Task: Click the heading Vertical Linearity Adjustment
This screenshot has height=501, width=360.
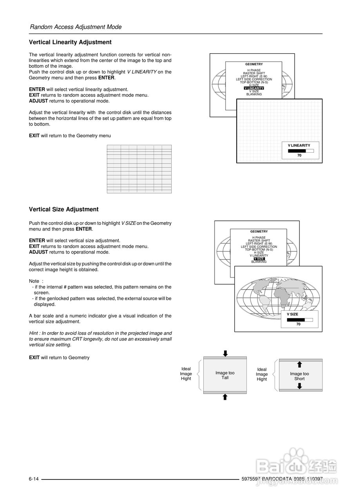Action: click(70, 42)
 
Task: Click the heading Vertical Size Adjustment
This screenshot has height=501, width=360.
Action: click(63, 209)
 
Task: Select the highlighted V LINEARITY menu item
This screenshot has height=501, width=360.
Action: click(254, 88)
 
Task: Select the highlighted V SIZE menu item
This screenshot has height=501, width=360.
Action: click(259, 259)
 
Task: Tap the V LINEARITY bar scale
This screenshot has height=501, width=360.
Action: click(300, 150)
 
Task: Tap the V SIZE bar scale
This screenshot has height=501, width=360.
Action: click(300, 320)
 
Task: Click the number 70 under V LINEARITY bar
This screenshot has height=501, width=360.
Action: click(299, 155)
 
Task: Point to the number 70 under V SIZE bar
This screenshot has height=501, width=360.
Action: click(298, 324)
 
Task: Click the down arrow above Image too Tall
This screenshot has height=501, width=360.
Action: click(225, 353)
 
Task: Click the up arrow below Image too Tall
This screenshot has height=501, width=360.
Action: click(225, 397)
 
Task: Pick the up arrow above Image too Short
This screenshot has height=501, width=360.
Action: click(300, 364)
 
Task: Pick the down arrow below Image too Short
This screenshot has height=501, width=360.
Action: click(300, 386)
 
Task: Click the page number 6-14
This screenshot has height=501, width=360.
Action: click(34, 479)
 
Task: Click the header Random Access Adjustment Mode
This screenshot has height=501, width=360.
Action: click(76, 27)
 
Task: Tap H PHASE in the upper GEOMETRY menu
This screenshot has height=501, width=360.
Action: click(254, 70)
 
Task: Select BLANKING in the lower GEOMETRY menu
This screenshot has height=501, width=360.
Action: click(259, 262)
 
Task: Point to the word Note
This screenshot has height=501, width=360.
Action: click(34, 281)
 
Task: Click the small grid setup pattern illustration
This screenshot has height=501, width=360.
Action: click(139, 169)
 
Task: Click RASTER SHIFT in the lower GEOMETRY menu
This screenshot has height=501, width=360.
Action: click(259, 241)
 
